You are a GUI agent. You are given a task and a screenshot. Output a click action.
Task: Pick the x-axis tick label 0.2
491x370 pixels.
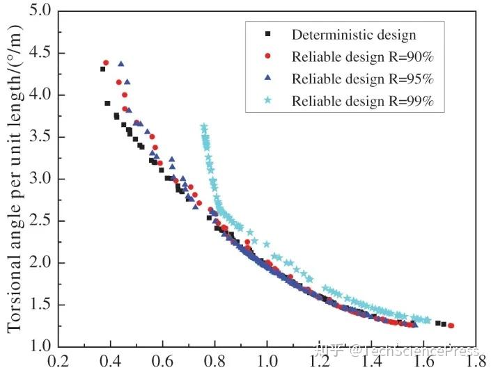pyautogui.click(x=57, y=361)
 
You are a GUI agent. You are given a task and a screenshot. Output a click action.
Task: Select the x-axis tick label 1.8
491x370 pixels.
pyautogui.click(x=476, y=361)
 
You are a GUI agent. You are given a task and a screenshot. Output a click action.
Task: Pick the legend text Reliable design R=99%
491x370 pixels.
pyautogui.click(x=363, y=100)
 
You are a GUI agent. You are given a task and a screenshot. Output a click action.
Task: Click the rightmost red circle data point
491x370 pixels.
pyautogui.click(x=451, y=325)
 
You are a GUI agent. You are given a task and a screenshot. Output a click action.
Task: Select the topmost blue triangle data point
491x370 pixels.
pyautogui.click(x=121, y=64)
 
